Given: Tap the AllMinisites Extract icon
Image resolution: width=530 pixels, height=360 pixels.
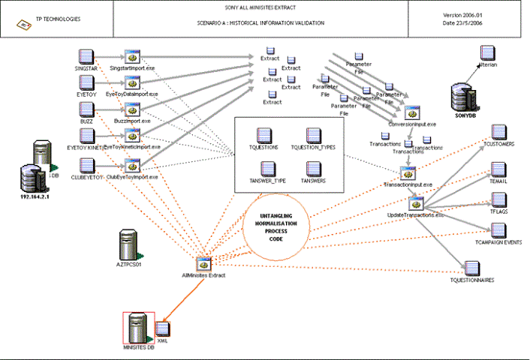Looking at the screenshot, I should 203,263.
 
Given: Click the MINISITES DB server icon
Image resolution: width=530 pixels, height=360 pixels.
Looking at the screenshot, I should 137,327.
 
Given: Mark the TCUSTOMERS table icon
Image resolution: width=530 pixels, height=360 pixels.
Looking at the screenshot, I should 498,132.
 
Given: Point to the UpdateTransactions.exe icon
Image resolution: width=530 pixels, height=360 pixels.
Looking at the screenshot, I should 417,203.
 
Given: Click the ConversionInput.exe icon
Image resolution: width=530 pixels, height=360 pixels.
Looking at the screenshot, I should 411,113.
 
